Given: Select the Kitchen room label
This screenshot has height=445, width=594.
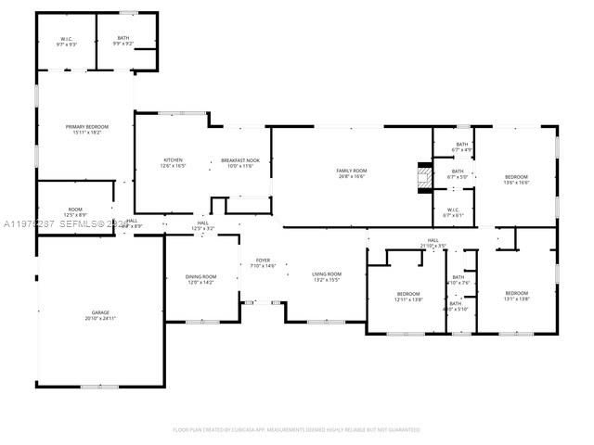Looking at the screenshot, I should tap(174, 161).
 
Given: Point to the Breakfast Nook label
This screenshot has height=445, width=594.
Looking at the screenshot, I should tap(240, 161).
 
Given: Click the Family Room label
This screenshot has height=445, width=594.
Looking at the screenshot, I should tap(351, 171).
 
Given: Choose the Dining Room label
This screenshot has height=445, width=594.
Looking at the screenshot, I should tap(201, 277).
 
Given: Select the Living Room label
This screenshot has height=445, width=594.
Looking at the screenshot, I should tap(326, 274).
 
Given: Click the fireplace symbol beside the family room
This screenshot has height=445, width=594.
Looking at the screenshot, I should tap(424, 176).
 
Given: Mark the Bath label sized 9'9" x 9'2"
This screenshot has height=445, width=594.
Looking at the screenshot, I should tap(123, 39).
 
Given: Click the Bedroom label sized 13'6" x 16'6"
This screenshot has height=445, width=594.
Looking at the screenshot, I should tap(516, 177).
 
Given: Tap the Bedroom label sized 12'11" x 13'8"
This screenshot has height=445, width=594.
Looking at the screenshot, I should tap(409, 295).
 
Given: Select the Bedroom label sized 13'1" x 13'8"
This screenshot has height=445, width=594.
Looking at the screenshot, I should tap(516, 294).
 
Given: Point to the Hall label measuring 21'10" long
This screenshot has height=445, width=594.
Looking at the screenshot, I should tap(433, 241).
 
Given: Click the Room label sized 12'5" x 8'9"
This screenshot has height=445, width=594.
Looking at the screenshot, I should tap(75, 210).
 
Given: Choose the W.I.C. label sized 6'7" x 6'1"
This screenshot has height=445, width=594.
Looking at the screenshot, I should tap(454, 210).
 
